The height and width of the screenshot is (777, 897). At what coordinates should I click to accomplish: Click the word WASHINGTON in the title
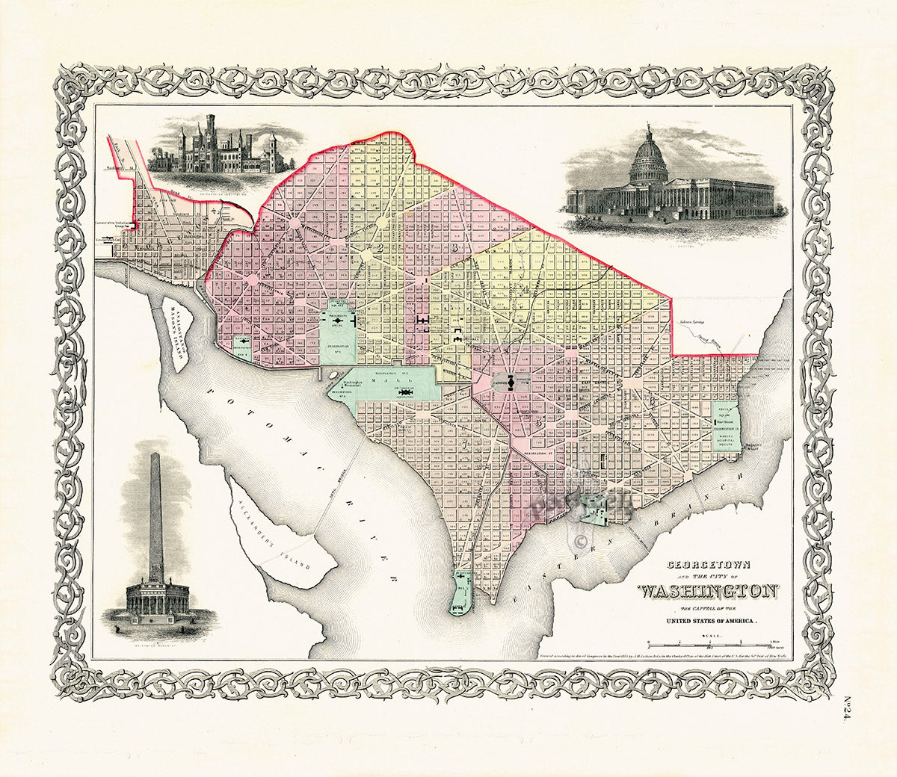pos(707,592)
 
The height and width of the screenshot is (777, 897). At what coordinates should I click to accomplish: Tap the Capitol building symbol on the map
pos(511,383)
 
